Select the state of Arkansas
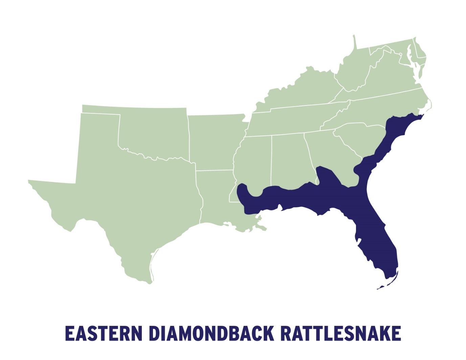[x=215, y=142]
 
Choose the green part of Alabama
[x=288, y=159]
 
